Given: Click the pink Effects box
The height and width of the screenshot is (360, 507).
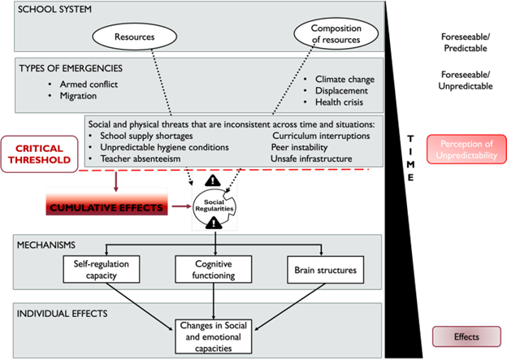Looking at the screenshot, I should (466, 336).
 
